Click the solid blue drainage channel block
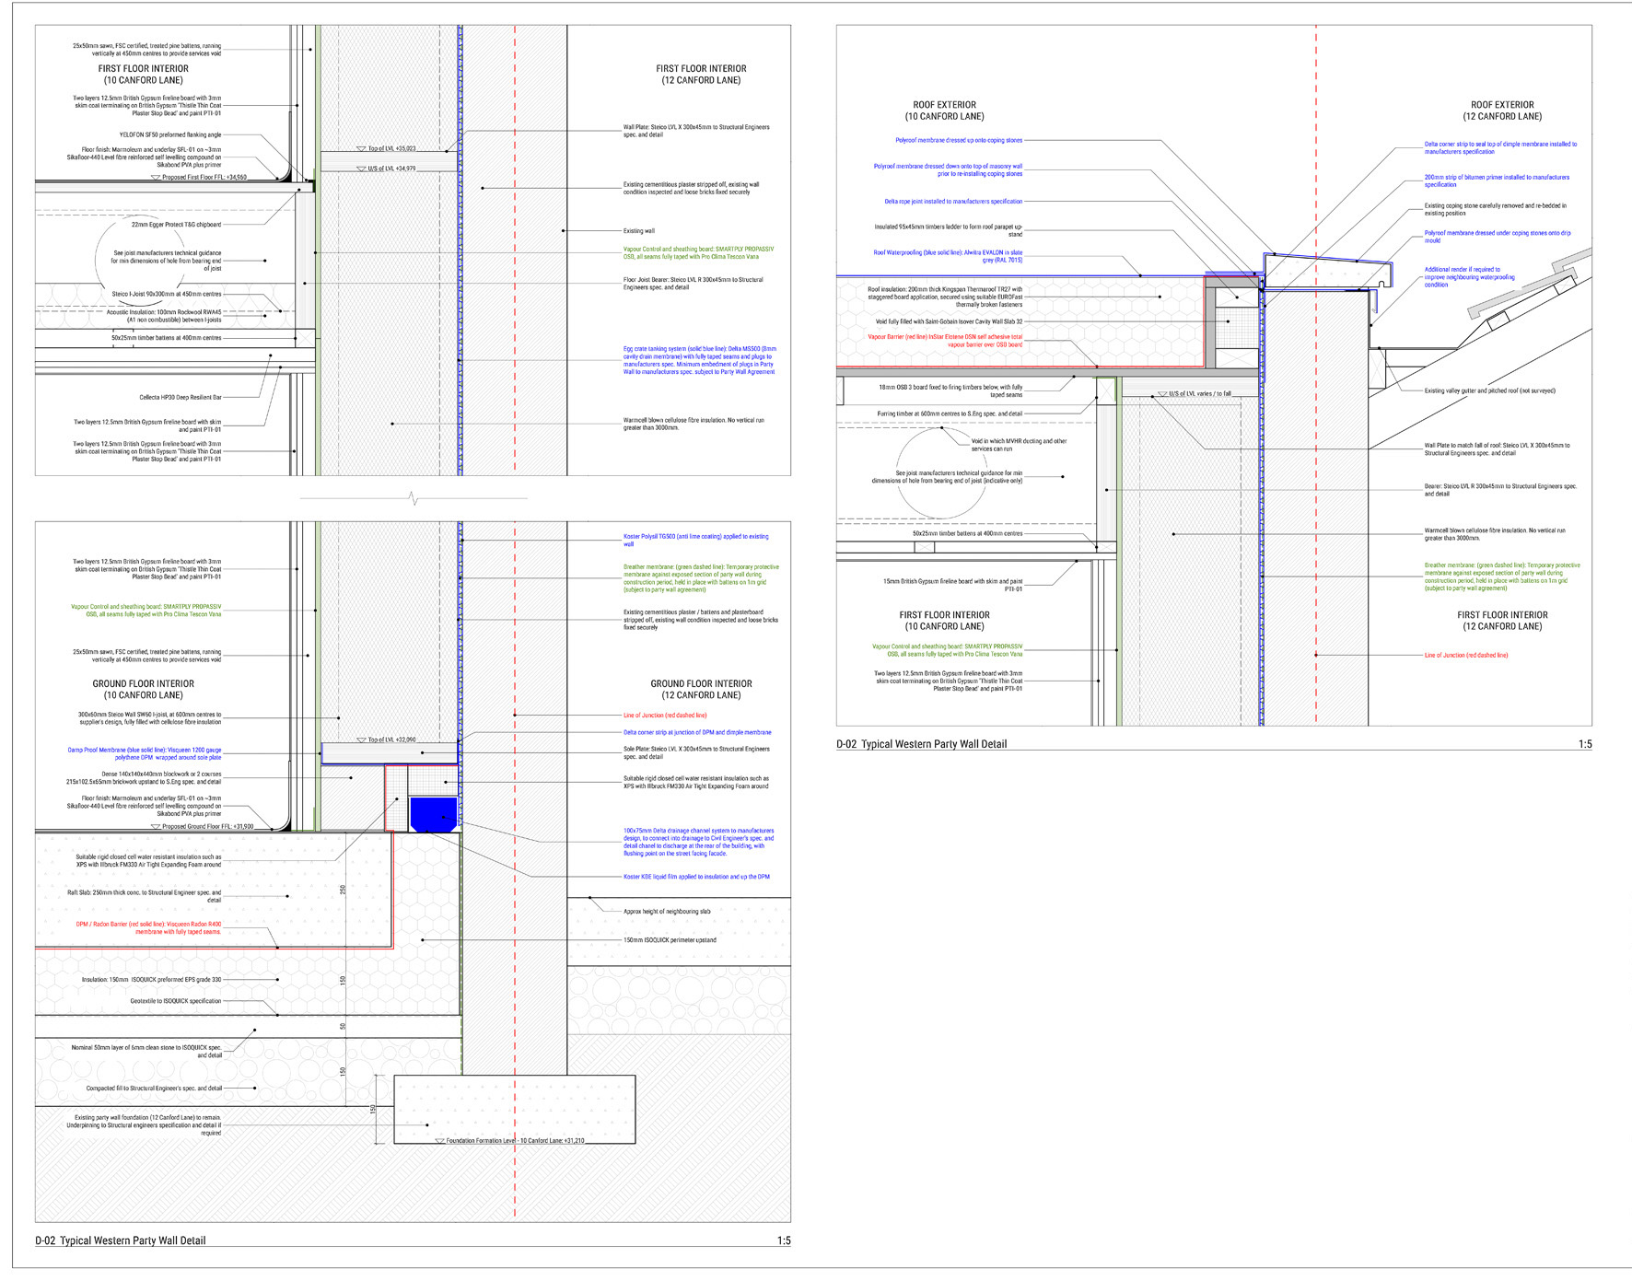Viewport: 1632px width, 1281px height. (433, 814)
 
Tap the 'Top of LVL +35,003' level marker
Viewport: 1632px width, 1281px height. (391, 148)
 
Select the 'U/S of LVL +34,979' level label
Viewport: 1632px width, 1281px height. (391, 169)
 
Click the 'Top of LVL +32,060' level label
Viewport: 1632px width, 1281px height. (391, 739)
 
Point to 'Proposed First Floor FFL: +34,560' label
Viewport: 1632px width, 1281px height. (204, 178)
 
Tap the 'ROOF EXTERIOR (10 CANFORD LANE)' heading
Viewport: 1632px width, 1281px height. (944, 111)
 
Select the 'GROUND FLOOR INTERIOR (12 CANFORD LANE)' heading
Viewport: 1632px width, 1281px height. (701, 689)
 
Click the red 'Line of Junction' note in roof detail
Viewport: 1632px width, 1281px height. (1466, 655)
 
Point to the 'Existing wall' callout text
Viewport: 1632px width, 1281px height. (638, 231)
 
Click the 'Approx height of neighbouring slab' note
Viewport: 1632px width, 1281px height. (667, 911)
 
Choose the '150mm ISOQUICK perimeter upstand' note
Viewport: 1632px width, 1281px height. (670, 940)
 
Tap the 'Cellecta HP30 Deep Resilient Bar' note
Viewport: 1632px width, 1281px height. (181, 398)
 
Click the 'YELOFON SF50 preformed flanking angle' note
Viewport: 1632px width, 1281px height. (169, 134)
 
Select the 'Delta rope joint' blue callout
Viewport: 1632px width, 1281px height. (953, 201)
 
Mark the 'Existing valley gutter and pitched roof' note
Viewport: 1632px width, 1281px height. (1489, 390)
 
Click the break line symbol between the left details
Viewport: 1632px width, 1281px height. (414, 498)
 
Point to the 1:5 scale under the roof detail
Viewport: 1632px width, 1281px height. (1584, 744)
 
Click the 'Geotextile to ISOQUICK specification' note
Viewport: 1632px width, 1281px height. (175, 1001)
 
